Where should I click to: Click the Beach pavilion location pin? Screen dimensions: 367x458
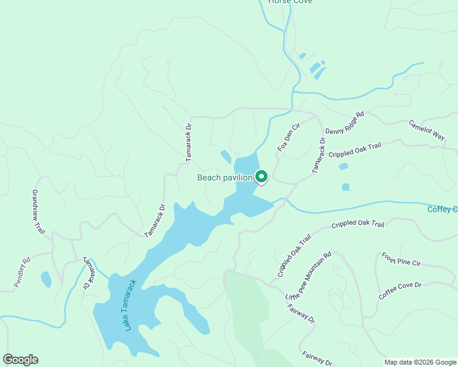point(261,177)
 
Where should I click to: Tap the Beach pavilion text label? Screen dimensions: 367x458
point(224,178)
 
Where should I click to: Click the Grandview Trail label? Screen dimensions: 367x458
point(39,211)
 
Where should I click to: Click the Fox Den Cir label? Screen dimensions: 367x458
point(289,138)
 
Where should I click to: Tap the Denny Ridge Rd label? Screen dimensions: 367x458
point(345,122)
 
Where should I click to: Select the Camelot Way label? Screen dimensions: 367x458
point(426,130)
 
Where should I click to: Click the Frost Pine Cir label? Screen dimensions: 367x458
point(401,259)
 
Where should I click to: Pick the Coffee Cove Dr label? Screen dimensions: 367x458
point(400,290)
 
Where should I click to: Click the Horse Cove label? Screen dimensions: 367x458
point(290,2)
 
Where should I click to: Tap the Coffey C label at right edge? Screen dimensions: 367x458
point(442,210)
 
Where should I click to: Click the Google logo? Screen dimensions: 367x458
point(20,360)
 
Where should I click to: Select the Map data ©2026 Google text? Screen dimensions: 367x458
point(421,362)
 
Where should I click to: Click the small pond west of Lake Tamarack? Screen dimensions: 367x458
point(46,280)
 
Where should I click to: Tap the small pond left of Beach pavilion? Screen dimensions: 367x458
point(226,157)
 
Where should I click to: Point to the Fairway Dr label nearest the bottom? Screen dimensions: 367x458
point(317,358)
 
